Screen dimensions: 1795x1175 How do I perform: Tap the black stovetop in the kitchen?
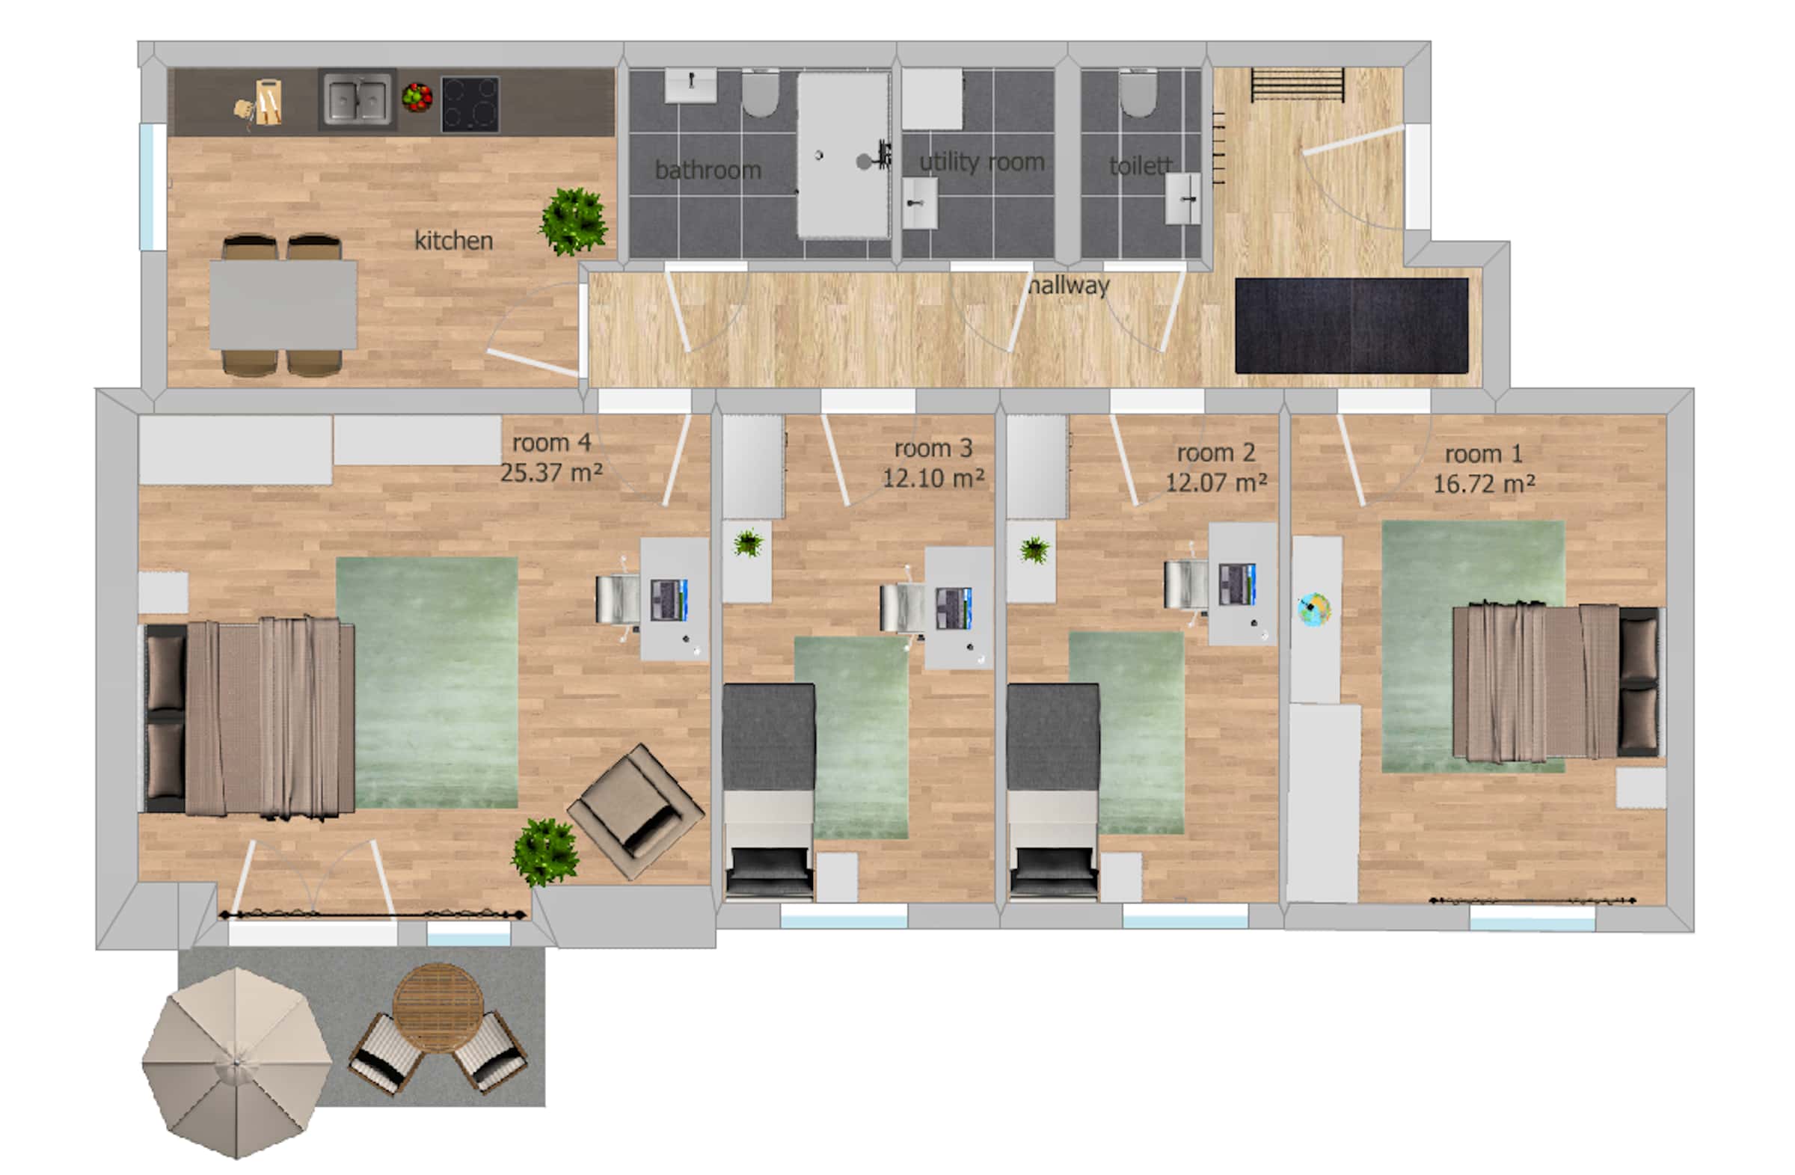(470, 104)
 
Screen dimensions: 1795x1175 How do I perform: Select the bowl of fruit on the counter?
(417, 97)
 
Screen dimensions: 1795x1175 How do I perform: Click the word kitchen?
(454, 241)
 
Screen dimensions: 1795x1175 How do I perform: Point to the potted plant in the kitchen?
(574, 220)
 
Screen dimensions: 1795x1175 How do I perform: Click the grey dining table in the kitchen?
(283, 304)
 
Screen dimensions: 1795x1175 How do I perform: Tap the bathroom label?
(708, 170)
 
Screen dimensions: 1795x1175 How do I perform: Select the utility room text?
(982, 162)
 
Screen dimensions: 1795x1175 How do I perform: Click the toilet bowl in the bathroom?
(760, 93)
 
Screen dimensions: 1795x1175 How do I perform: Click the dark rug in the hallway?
(1351, 325)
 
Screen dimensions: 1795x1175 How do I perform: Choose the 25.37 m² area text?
(551, 473)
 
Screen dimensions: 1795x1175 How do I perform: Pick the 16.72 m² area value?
(1485, 483)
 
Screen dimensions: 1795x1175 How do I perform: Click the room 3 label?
(933, 448)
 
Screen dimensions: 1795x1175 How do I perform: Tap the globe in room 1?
(1315, 609)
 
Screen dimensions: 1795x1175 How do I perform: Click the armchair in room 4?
(636, 812)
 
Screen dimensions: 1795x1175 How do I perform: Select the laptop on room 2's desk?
(1238, 583)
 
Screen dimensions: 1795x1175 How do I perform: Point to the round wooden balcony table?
(438, 1007)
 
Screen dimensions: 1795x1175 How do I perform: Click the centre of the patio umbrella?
(237, 1063)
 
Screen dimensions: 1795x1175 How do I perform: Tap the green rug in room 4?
(427, 683)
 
